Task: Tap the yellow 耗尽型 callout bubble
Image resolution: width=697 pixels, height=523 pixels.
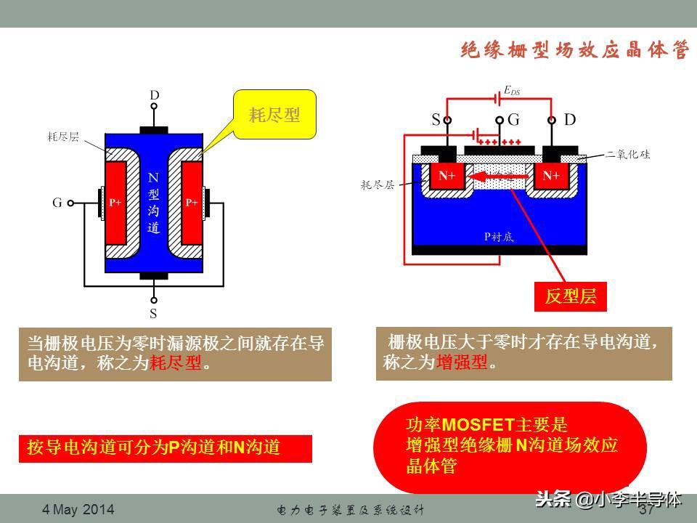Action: point(274,115)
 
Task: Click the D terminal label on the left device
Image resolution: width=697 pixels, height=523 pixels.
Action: point(154,95)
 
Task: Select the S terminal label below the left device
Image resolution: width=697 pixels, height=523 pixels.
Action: point(154,314)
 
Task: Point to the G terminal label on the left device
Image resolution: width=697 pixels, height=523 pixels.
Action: point(57,203)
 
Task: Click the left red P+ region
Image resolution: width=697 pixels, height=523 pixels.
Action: point(115,203)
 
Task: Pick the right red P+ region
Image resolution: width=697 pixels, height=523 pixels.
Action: point(191,203)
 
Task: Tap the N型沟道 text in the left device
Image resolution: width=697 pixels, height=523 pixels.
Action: point(153,203)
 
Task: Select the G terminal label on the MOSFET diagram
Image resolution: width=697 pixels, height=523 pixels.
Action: point(513,119)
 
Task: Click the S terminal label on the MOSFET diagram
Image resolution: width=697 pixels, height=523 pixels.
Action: point(436,119)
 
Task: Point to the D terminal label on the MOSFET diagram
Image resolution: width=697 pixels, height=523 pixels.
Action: point(570,119)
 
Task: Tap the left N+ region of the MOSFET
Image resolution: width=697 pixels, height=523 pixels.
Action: point(447,176)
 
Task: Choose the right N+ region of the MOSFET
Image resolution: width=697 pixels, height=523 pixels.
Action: point(551,176)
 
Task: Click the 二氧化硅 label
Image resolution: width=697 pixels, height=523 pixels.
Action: point(629,155)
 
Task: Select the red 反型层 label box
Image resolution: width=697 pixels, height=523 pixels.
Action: point(570,296)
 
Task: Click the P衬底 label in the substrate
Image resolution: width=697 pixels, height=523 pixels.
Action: point(499,237)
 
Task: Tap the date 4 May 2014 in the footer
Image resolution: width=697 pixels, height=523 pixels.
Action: point(78,510)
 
